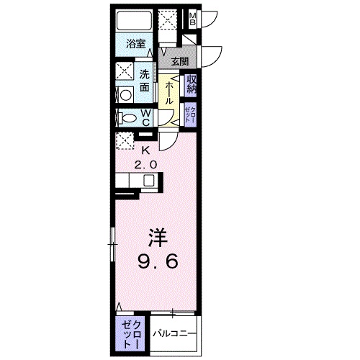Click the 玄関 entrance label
click(x=179, y=63)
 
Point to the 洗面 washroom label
click(x=145, y=80)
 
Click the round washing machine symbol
click(x=124, y=94)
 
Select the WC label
click(x=145, y=118)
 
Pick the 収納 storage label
click(x=192, y=84)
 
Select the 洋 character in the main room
click(x=158, y=236)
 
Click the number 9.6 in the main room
click(x=158, y=262)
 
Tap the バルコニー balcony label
click(x=173, y=333)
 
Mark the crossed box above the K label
click(x=124, y=141)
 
